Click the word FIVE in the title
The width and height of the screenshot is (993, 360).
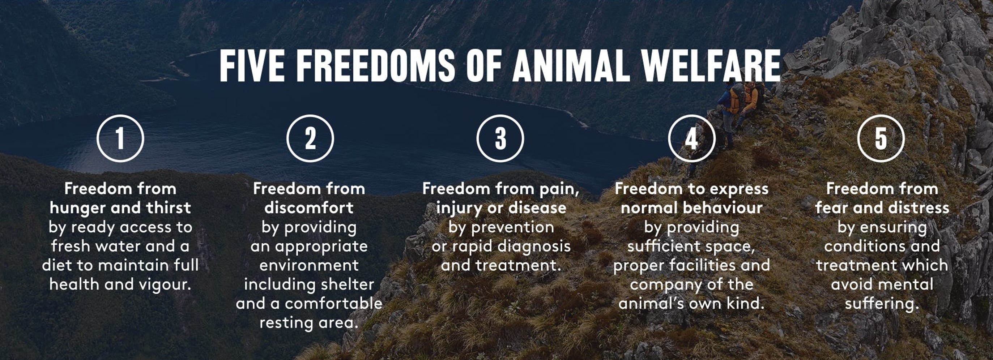pos(252,65)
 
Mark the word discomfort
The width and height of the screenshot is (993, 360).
pos(309,208)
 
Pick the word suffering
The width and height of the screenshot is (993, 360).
pos(882,304)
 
